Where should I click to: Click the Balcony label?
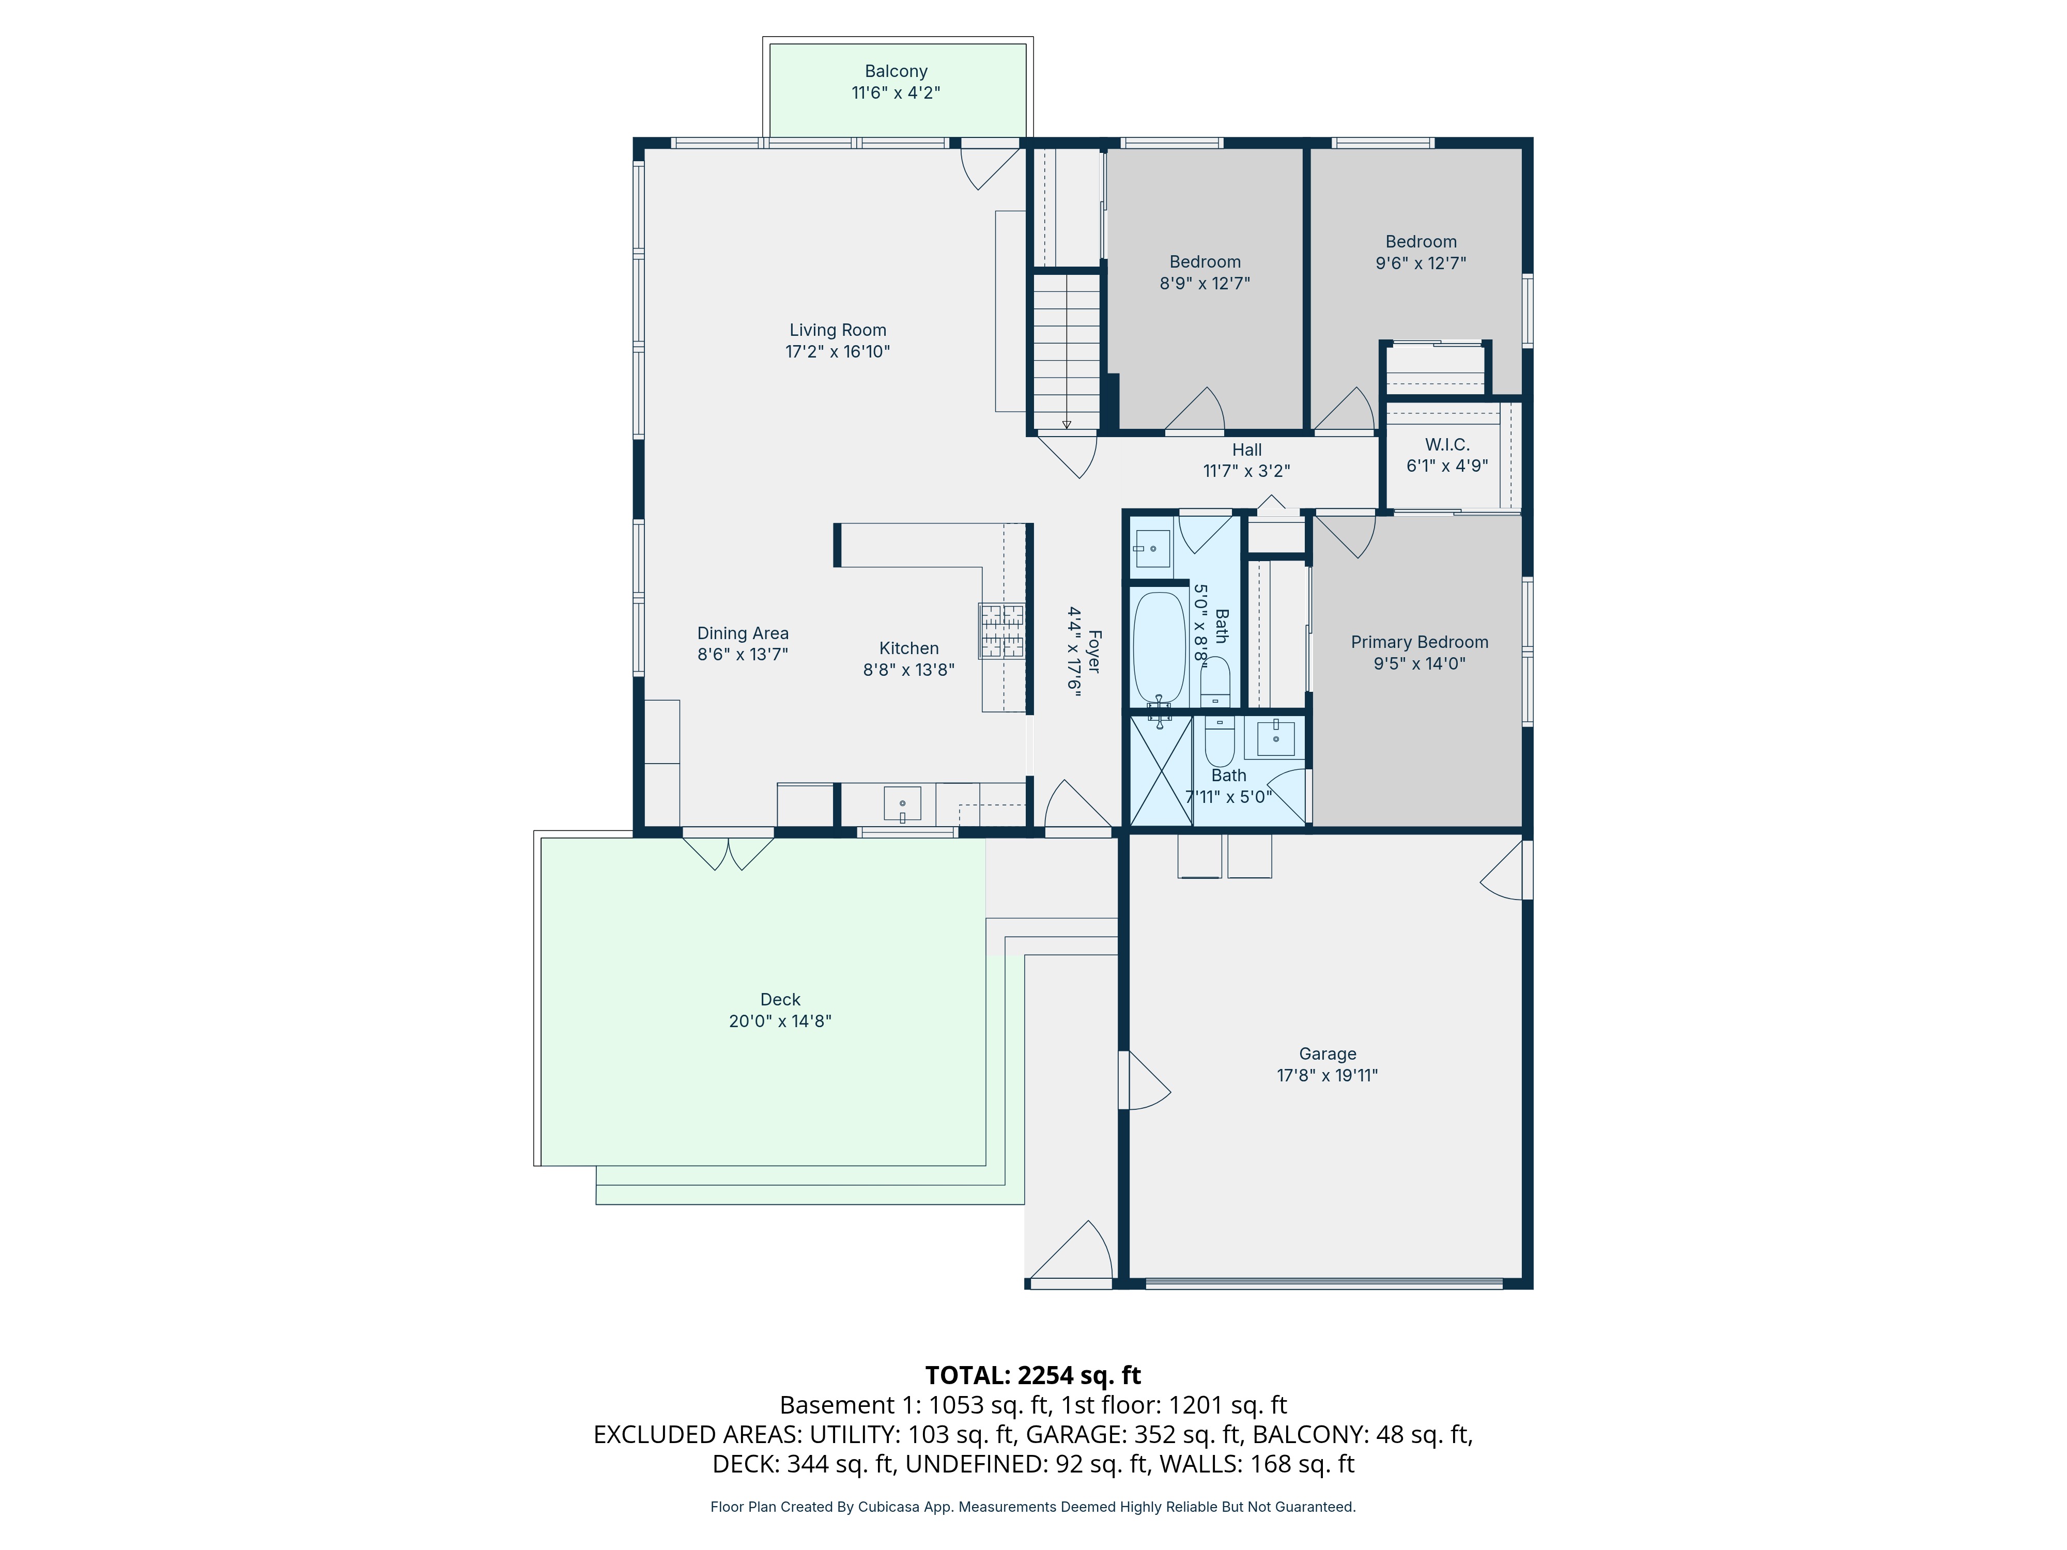click(x=895, y=71)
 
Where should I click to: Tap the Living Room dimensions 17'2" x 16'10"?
click(x=837, y=351)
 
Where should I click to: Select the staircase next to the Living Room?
click(x=1066, y=350)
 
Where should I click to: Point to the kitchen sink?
click(x=902, y=803)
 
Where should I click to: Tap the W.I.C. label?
click(x=1446, y=445)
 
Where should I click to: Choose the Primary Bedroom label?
click(x=1420, y=642)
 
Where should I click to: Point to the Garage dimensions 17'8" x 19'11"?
click(x=1327, y=1075)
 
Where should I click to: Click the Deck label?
click(x=780, y=1000)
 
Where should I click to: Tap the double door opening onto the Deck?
click(x=728, y=852)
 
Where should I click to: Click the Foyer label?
click(x=1094, y=652)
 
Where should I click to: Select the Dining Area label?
click(x=743, y=633)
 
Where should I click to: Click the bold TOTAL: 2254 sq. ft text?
click(x=1032, y=1375)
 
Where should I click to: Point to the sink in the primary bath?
click(x=1275, y=738)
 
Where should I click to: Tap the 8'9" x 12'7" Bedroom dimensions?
click(x=1205, y=283)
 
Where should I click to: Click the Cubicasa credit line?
click(x=1032, y=1507)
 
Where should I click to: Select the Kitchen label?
click(x=908, y=648)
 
